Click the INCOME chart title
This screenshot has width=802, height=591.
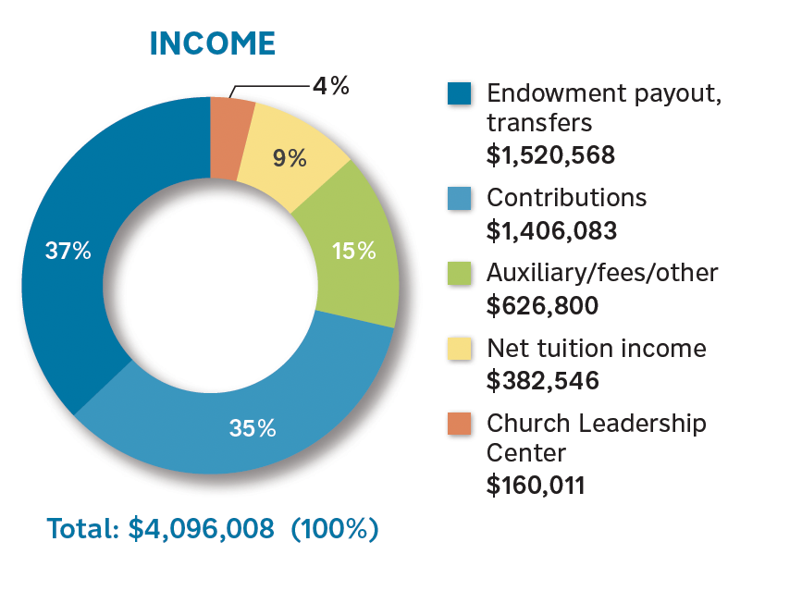pyautogui.click(x=212, y=43)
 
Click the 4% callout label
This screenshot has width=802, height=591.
pyautogui.click(x=329, y=87)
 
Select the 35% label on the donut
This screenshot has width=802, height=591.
pyautogui.click(x=253, y=429)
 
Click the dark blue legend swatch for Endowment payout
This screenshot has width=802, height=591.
pyautogui.click(x=459, y=94)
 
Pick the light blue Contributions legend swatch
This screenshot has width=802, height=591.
pyautogui.click(x=459, y=198)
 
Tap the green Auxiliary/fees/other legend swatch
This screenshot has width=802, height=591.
pyautogui.click(x=459, y=273)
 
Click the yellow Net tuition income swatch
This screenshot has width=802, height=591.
pyautogui.click(x=459, y=349)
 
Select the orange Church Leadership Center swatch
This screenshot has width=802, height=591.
pyautogui.click(x=459, y=424)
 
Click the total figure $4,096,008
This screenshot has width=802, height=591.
pyautogui.click(x=201, y=529)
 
